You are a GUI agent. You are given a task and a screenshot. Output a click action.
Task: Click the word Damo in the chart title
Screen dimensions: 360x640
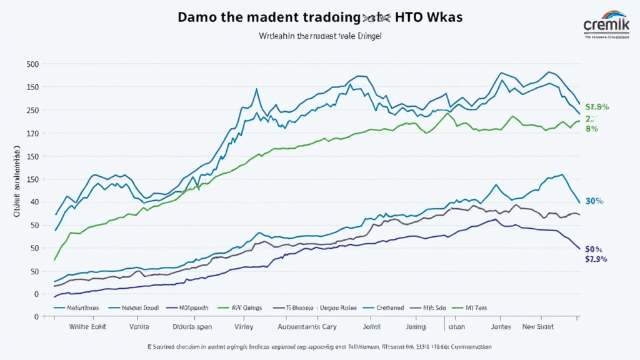pyautogui.click(x=197, y=17)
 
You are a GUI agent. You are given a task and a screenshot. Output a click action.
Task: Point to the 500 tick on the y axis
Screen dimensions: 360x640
pyautogui.click(x=32, y=64)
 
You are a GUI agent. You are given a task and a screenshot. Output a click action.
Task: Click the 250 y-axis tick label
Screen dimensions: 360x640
pyautogui.click(x=32, y=110)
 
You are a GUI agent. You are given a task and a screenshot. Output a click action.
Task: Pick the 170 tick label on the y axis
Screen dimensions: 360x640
pyautogui.click(x=32, y=133)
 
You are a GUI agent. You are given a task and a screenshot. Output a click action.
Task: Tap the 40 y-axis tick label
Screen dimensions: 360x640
pyautogui.click(x=35, y=202)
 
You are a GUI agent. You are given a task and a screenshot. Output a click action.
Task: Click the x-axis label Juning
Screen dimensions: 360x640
pyautogui.click(x=415, y=326)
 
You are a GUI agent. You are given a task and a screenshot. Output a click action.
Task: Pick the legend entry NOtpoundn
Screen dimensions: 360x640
pyautogui.click(x=191, y=308)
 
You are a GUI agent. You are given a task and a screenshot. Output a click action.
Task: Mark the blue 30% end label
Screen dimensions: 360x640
pyautogui.click(x=594, y=201)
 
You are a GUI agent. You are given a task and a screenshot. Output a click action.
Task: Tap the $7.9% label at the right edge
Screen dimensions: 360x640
pyautogui.click(x=596, y=259)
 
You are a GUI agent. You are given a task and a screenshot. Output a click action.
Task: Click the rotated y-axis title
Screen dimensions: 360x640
pyautogui.click(x=17, y=181)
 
